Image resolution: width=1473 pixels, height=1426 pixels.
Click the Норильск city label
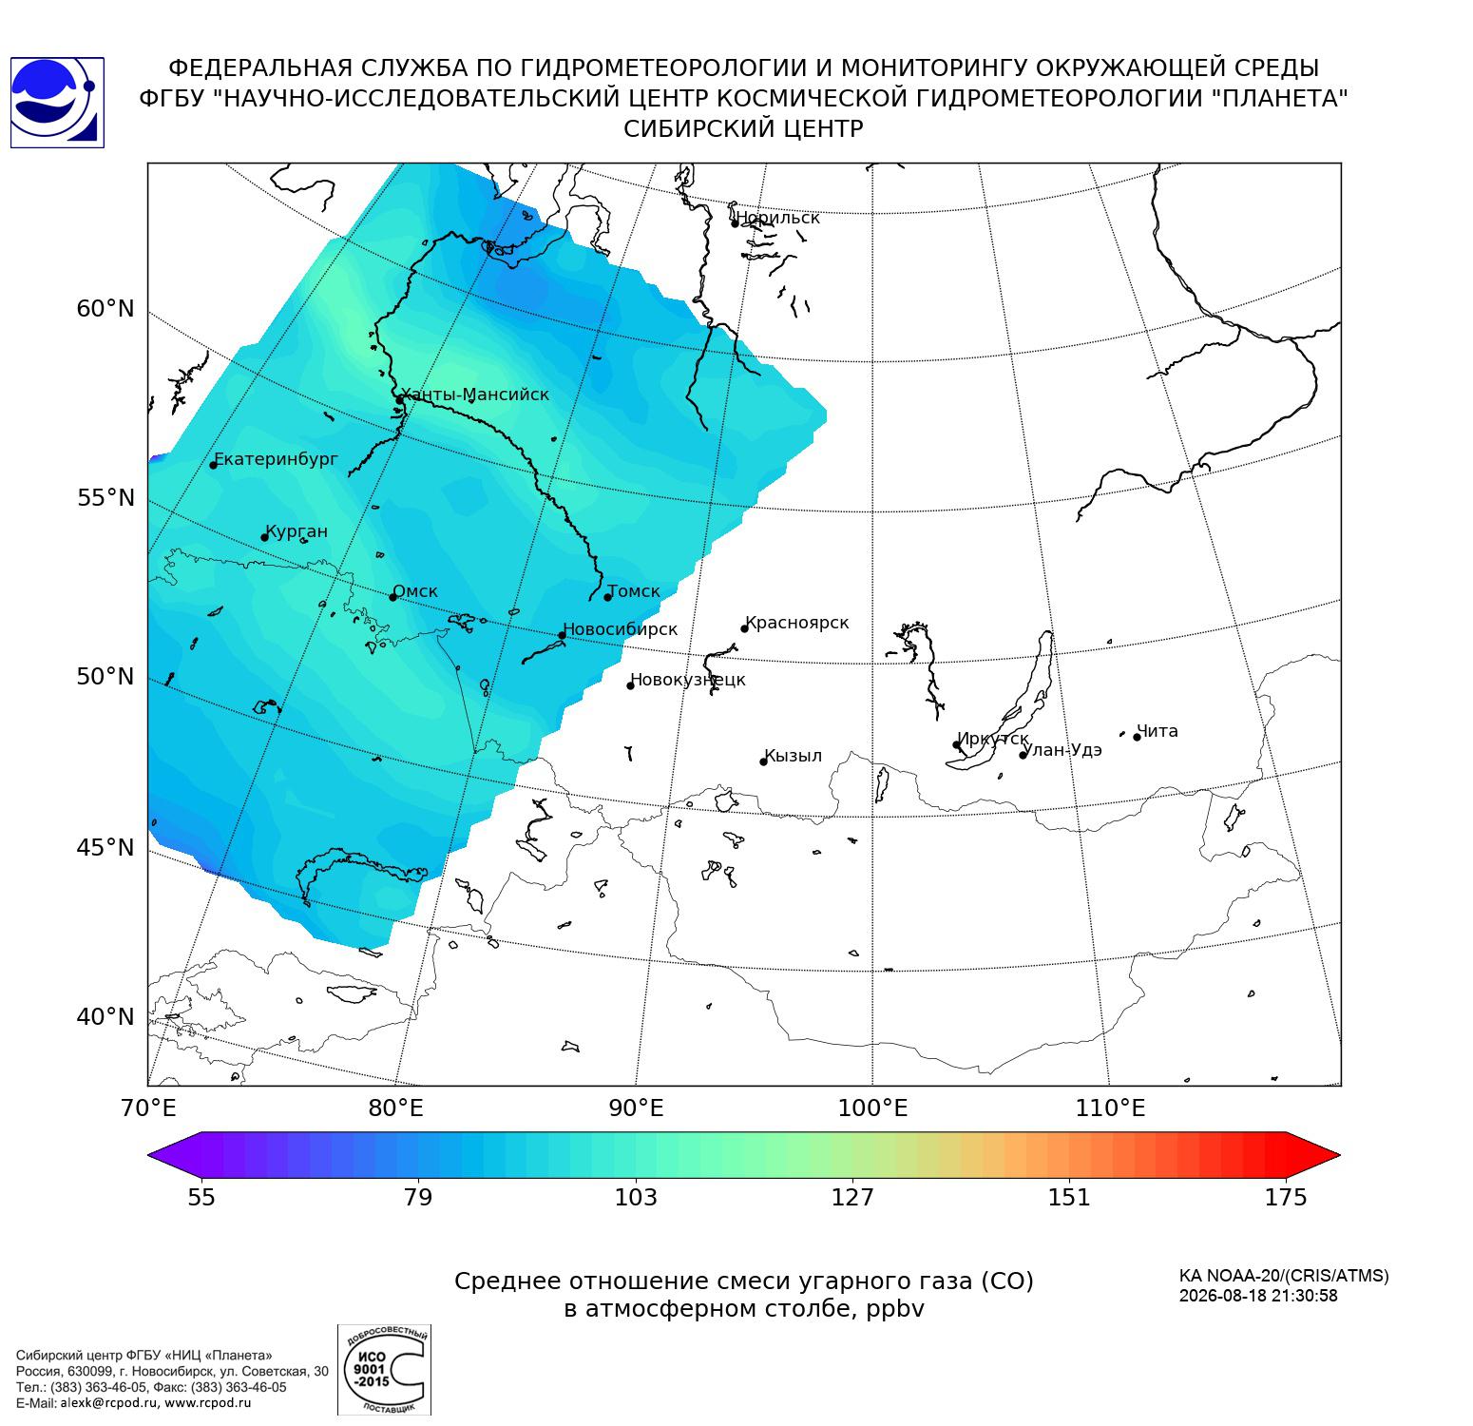click(778, 218)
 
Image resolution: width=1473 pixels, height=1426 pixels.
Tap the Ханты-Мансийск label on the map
click(475, 395)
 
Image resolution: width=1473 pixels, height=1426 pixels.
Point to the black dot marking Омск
click(392, 597)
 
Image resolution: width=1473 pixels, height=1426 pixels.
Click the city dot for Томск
click(607, 597)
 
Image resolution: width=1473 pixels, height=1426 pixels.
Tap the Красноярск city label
click(797, 624)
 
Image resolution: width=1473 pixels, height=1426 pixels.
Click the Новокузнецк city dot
click(630, 685)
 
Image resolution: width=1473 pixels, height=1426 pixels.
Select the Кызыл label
click(794, 756)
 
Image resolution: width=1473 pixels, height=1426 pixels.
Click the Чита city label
click(1157, 731)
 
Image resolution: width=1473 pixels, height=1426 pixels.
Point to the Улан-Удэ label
click(1062, 750)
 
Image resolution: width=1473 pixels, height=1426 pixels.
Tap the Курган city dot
click(265, 537)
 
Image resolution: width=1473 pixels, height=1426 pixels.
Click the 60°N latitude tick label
click(105, 308)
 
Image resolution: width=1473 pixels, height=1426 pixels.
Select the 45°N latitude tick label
click(105, 846)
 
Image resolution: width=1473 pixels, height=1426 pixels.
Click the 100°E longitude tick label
click(872, 1108)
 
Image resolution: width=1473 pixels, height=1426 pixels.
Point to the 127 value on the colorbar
click(852, 1197)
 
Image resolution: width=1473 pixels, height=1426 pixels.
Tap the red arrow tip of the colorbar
click(1340, 1155)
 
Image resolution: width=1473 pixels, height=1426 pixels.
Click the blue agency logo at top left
click(57, 103)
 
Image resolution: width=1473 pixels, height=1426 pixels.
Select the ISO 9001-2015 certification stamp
click(384, 1369)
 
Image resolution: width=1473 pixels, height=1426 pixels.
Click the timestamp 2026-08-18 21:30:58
click(1258, 1296)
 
